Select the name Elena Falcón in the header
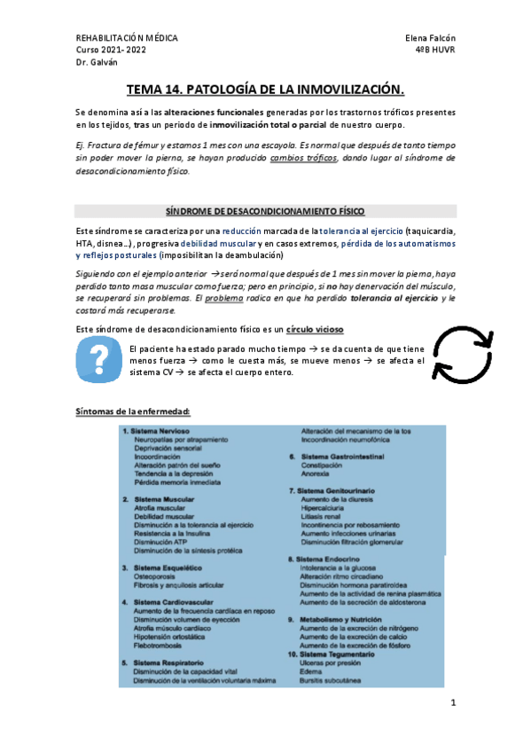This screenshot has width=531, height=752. coord(429,39)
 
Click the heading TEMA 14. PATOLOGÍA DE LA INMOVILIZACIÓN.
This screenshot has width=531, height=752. coord(265,90)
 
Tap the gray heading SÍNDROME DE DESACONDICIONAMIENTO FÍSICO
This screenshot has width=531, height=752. coord(265,211)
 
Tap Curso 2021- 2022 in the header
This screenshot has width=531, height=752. coord(113,51)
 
